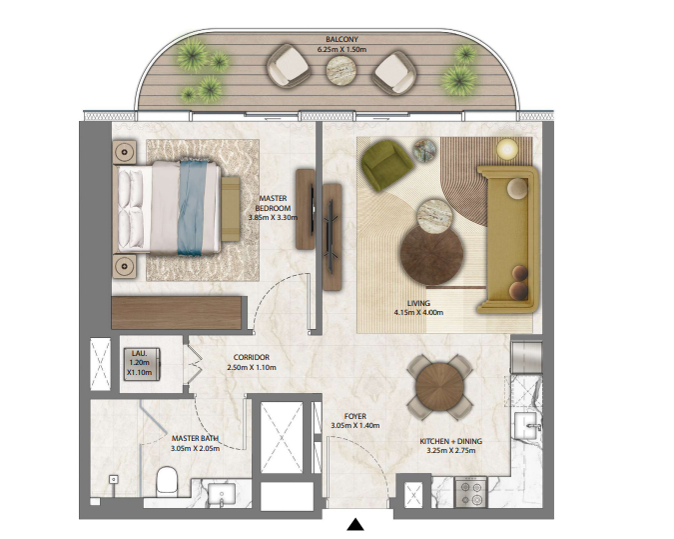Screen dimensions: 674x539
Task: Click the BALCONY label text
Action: click(341, 39)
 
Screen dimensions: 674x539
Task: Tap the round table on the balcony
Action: click(340, 71)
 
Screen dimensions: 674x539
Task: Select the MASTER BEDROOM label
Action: click(273, 203)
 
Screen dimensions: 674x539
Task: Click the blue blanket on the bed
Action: click(192, 208)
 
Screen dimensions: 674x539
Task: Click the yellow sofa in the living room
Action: click(509, 239)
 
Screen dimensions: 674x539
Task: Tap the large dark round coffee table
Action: click(431, 254)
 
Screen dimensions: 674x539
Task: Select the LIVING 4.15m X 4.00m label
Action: click(418, 308)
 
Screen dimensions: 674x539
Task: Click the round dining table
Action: click(439, 386)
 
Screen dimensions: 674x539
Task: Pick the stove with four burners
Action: click(471, 492)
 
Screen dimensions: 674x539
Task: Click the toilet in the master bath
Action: click(167, 481)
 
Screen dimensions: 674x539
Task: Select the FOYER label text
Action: click(355, 416)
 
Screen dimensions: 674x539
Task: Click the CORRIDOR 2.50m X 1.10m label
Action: click(252, 362)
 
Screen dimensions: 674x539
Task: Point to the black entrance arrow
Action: click(355, 524)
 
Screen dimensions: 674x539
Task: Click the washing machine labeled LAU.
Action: click(142, 365)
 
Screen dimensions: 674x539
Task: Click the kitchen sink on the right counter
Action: click(526, 425)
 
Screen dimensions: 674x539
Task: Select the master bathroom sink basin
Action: click(222, 493)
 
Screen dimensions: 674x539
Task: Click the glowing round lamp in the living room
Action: click(507, 149)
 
